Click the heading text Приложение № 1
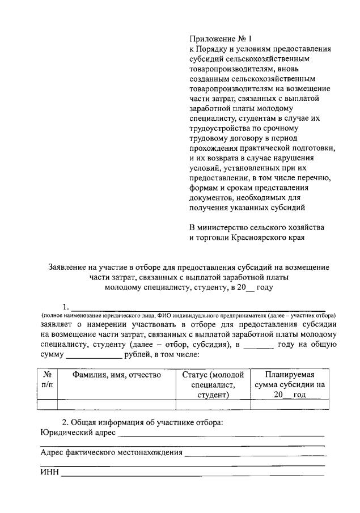(x=220, y=39)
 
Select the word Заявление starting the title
(x=69, y=266)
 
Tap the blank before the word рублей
(x=94, y=356)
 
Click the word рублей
(x=137, y=356)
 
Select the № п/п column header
(x=47, y=380)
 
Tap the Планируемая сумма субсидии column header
(x=285, y=385)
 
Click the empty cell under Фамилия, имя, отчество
(x=116, y=404)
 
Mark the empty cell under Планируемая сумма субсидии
(x=285, y=404)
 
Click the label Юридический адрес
(x=78, y=433)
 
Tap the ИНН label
(x=49, y=473)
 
